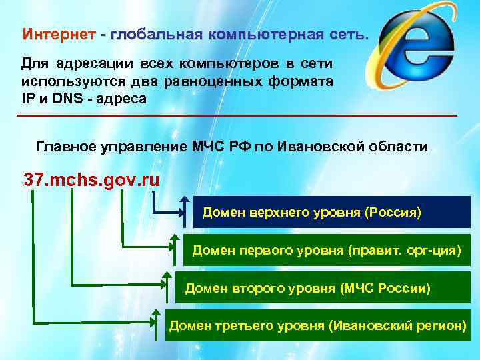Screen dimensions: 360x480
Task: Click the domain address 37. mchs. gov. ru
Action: pos(92,180)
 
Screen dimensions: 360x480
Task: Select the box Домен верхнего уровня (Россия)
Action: pos(311,213)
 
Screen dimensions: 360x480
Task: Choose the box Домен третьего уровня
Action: pos(317,325)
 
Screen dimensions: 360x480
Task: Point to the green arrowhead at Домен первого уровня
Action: pos(175,238)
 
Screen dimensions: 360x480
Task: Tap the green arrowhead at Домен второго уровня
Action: pos(165,275)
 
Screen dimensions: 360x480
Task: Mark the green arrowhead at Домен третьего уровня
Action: pos(155,313)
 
